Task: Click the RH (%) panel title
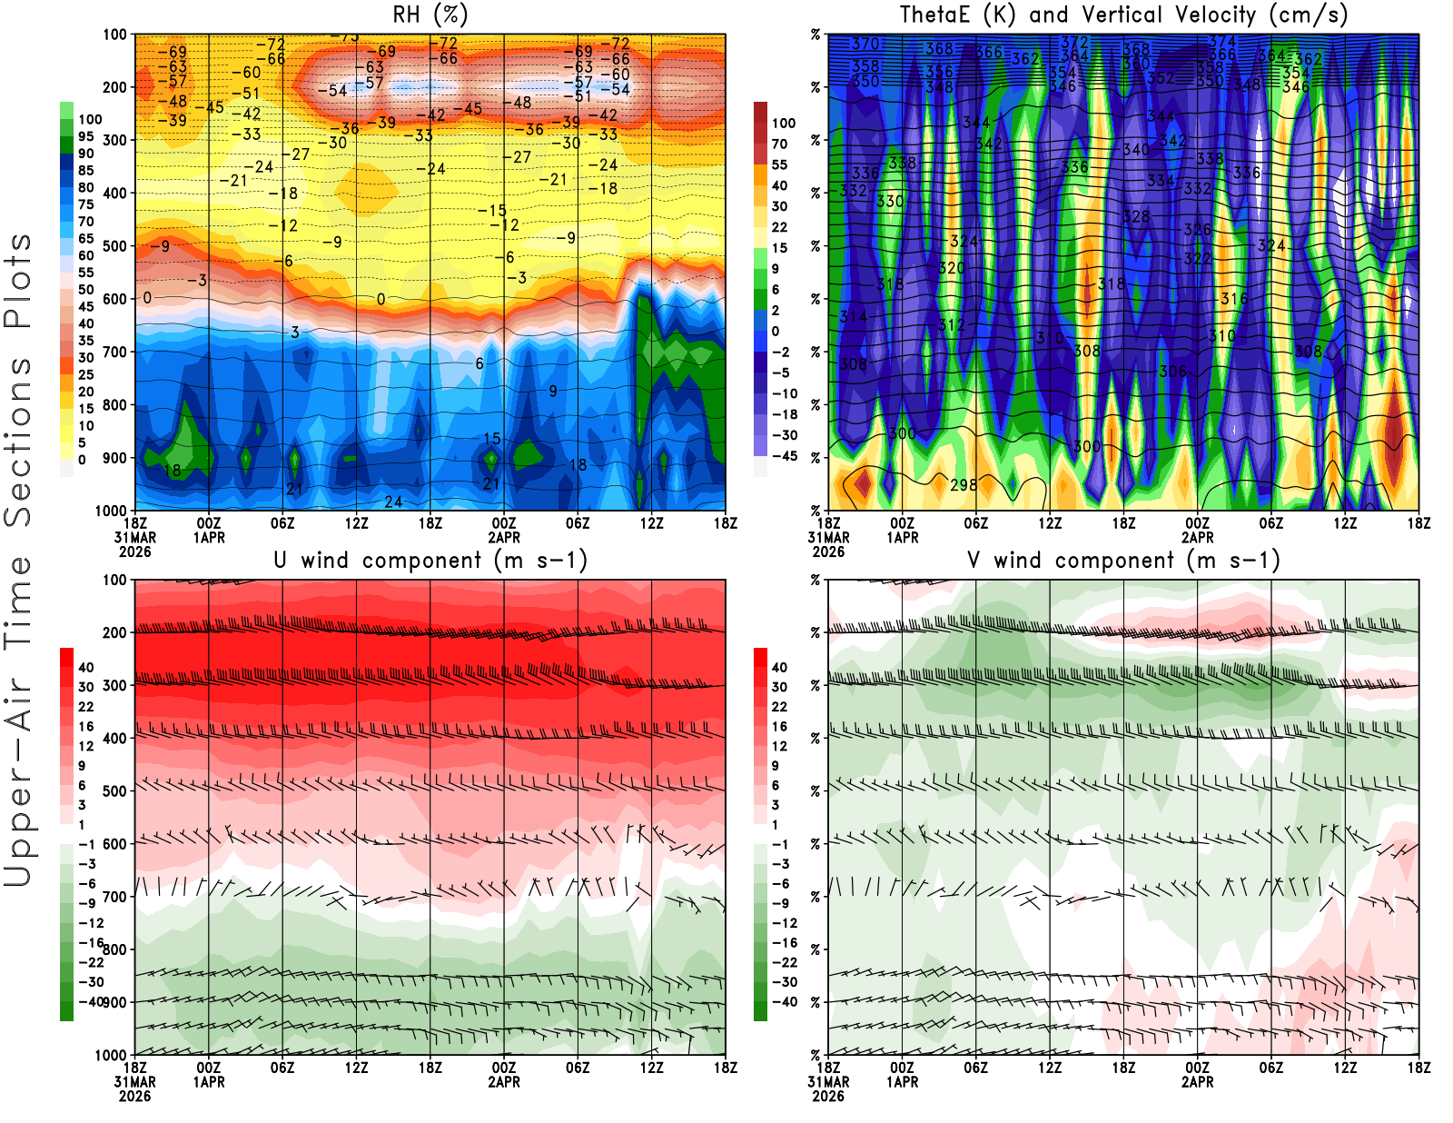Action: coord(430,15)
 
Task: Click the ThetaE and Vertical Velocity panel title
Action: coord(1123,15)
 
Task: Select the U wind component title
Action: coord(430,561)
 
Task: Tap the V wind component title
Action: coord(1123,561)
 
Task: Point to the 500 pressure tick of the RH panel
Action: coord(114,246)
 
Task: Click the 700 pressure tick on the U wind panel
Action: coord(114,897)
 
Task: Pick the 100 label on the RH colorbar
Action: coord(90,120)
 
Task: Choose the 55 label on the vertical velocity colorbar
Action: coord(779,165)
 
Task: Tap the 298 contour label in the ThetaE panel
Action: coord(964,485)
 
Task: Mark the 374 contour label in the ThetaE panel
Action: coord(1222,41)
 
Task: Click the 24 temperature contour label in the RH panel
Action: coord(393,502)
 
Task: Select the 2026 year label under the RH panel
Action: coord(134,552)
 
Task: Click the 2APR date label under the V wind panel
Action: coord(1197,1082)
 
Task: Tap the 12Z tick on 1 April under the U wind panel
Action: coord(356,1068)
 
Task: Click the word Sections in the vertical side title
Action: coord(18,442)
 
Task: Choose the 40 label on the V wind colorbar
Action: coord(779,668)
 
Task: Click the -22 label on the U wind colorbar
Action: coord(91,962)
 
